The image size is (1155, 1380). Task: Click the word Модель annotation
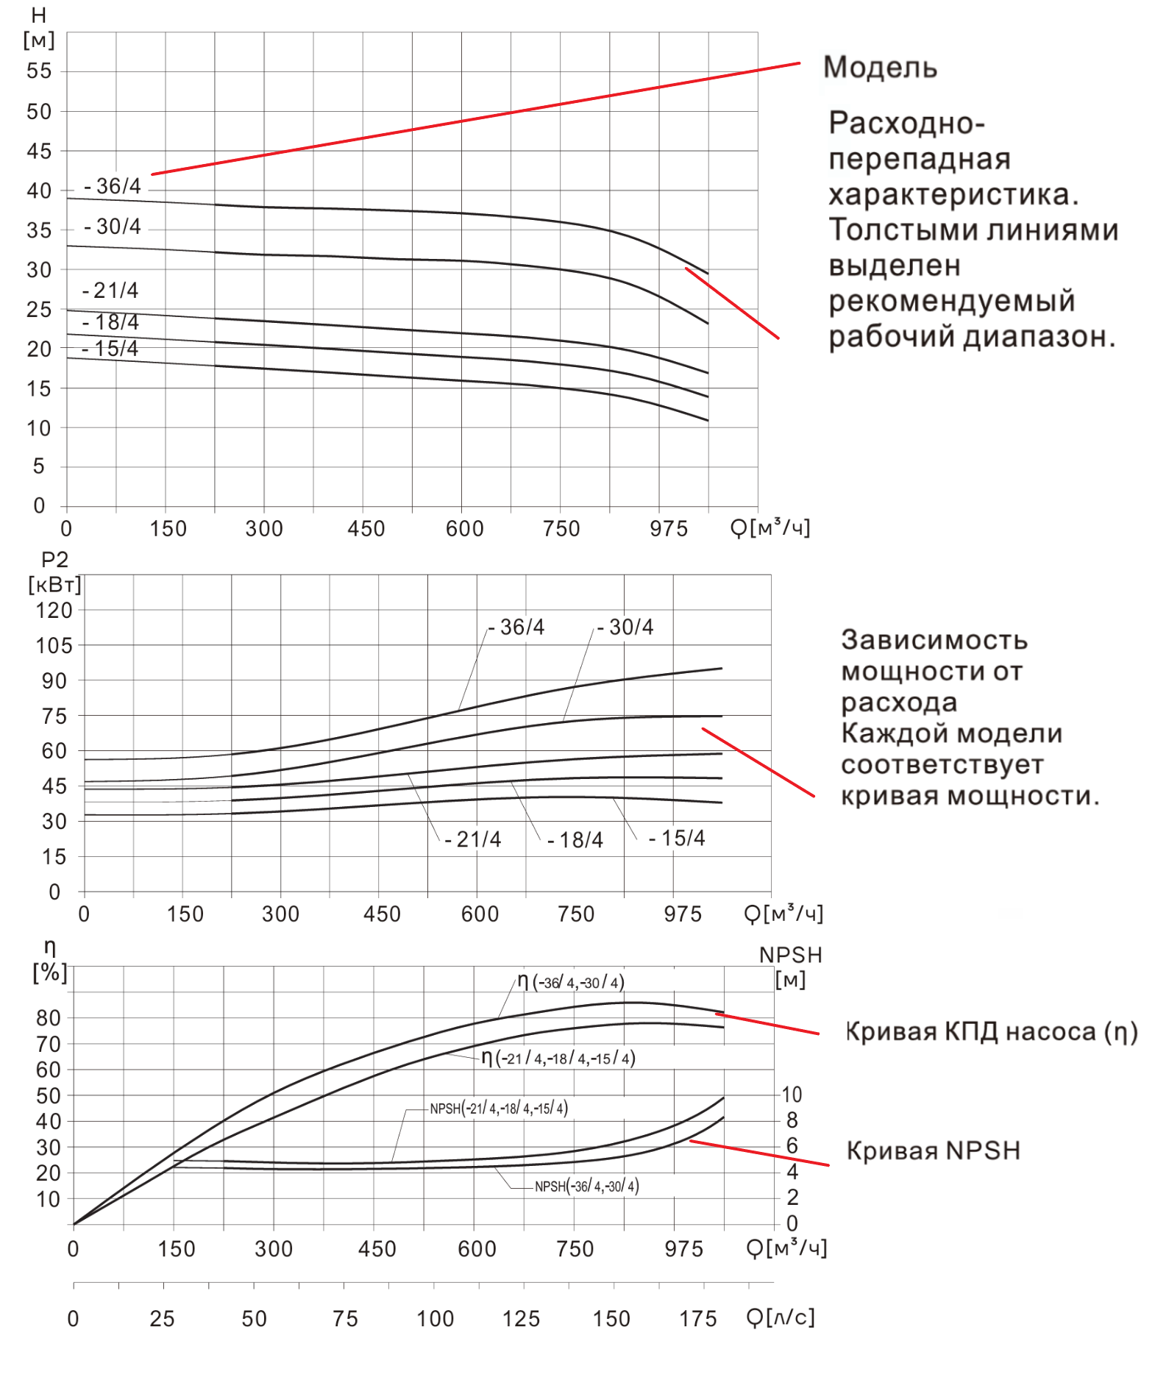[x=880, y=68]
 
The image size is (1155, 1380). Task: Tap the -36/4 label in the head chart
[x=113, y=186]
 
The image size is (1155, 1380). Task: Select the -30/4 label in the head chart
[x=113, y=227]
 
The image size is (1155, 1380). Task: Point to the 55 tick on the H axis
[x=39, y=71]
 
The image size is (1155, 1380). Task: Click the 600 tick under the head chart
[x=464, y=529]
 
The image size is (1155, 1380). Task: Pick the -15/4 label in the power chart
[x=677, y=839]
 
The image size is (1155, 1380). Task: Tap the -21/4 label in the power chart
[x=473, y=839]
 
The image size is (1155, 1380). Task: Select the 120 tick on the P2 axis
[x=54, y=611]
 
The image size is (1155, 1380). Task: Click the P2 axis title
[x=54, y=561]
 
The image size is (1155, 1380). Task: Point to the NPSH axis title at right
[x=791, y=956]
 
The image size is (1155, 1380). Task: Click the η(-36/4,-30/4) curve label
[x=571, y=982]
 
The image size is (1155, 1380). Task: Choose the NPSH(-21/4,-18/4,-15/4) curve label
[x=499, y=1109]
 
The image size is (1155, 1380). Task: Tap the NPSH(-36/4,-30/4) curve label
[x=587, y=1187]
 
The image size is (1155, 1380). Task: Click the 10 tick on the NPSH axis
[x=792, y=1095]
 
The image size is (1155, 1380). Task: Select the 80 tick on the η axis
[x=49, y=1018]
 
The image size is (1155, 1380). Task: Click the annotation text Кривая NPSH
[x=934, y=1151]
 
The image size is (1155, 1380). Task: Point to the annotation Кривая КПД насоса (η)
[x=992, y=1032]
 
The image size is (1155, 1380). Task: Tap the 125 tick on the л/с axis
[x=522, y=1319]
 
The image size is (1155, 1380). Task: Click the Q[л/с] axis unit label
[x=781, y=1317]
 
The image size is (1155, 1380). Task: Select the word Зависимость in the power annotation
[x=934, y=641]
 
